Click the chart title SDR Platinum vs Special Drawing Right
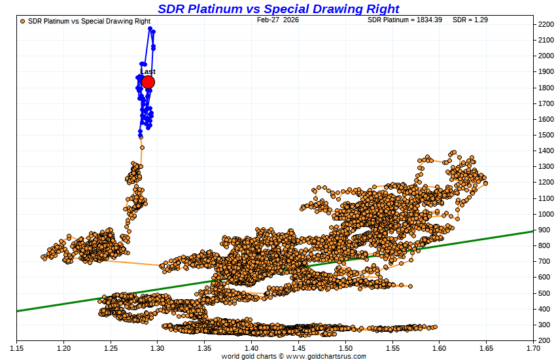coord(278,9)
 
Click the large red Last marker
coord(148,82)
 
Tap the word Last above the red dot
coord(148,71)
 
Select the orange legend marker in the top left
coord(23,21)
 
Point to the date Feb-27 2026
coord(278,20)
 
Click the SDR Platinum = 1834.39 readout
coord(405,20)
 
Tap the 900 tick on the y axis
coord(544,230)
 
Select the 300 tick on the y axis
coord(544,325)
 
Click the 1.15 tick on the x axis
coord(16,347)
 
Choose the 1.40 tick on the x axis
coord(251,347)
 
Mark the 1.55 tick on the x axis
coord(392,347)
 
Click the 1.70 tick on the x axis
coord(533,347)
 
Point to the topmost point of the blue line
coord(150,29)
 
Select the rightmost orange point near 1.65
coord(485,183)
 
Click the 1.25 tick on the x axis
coord(111,347)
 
